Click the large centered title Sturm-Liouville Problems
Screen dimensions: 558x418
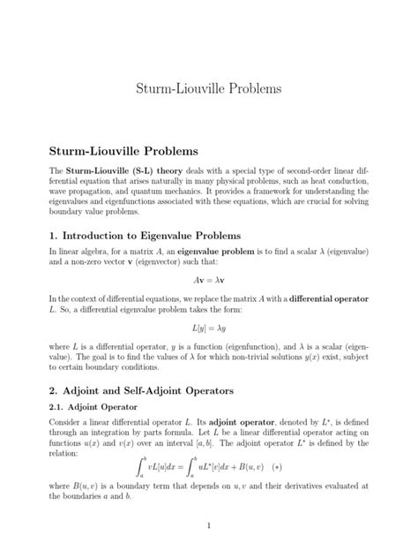tap(209, 90)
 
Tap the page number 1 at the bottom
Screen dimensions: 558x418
tap(209, 526)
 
